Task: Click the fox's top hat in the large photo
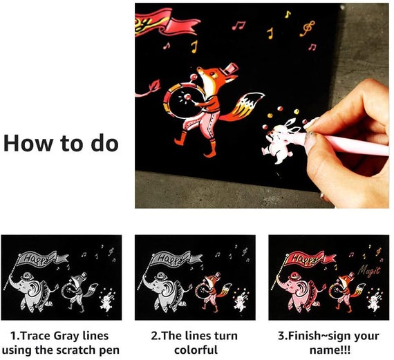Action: (x=229, y=68)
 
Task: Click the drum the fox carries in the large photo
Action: (x=181, y=100)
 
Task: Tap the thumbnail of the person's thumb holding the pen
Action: (x=310, y=135)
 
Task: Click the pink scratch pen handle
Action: (x=347, y=143)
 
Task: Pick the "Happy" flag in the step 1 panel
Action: (x=43, y=258)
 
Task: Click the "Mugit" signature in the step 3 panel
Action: (x=369, y=272)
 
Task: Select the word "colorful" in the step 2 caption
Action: (x=196, y=350)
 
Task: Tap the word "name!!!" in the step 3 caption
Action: (x=330, y=350)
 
